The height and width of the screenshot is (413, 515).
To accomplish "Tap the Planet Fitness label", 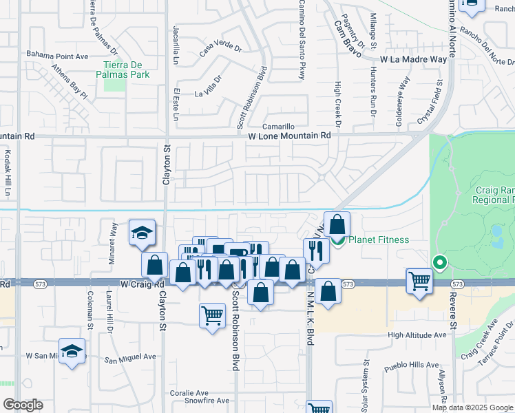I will click(378, 240).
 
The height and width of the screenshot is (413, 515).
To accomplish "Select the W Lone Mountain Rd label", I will click(289, 136).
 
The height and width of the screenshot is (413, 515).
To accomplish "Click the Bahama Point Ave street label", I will click(58, 54).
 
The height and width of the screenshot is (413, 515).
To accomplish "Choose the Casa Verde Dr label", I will click(221, 49).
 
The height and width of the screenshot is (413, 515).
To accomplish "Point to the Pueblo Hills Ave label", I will click(413, 365).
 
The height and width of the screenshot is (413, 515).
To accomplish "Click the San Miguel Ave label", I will click(131, 358).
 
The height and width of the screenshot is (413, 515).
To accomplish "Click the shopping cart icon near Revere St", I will click(419, 281).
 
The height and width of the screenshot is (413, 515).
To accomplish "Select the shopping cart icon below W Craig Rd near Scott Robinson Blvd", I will click(213, 316).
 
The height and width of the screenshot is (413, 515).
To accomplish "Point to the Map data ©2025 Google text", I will click(473, 407).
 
